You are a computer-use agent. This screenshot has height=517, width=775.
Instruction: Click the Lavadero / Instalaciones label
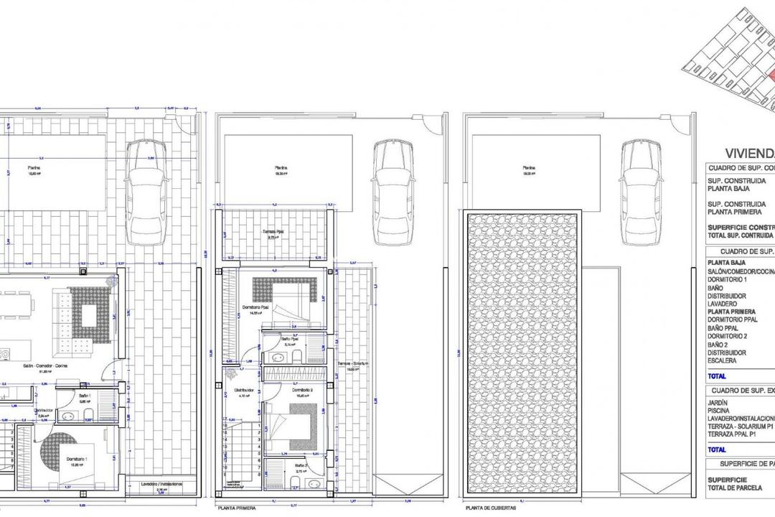(161, 484)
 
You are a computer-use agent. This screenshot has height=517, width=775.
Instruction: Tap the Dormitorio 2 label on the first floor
(302, 391)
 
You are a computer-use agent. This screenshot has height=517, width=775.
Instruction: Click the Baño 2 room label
(301, 465)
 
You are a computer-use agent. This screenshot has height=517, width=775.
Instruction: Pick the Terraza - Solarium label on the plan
(354, 364)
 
